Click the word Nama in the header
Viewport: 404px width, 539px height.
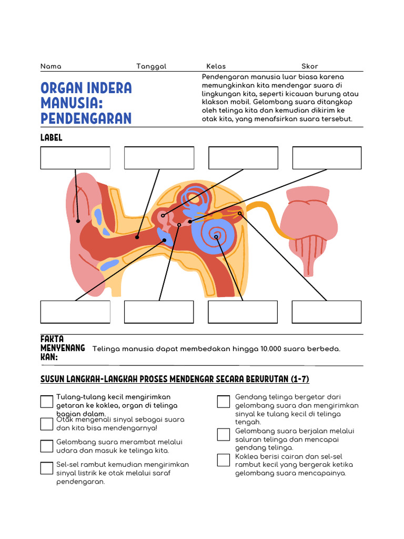(x=50, y=66)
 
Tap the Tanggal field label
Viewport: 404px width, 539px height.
(x=151, y=66)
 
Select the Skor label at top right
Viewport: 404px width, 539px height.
(x=309, y=66)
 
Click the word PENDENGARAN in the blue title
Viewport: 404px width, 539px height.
(x=86, y=118)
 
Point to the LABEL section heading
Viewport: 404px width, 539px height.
(x=51, y=137)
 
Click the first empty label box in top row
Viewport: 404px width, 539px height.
(x=75, y=158)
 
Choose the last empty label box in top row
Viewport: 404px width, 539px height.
(x=327, y=158)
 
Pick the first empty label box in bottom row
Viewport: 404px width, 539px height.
(x=75, y=312)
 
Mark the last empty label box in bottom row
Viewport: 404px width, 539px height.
(x=327, y=312)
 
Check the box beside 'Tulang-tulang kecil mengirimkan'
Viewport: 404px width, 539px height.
(x=47, y=402)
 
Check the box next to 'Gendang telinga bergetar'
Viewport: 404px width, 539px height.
(x=224, y=402)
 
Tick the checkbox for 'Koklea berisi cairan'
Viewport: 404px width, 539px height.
(x=224, y=460)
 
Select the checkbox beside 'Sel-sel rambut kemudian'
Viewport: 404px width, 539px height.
(x=47, y=467)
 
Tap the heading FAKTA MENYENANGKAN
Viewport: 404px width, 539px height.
(x=63, y=348)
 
